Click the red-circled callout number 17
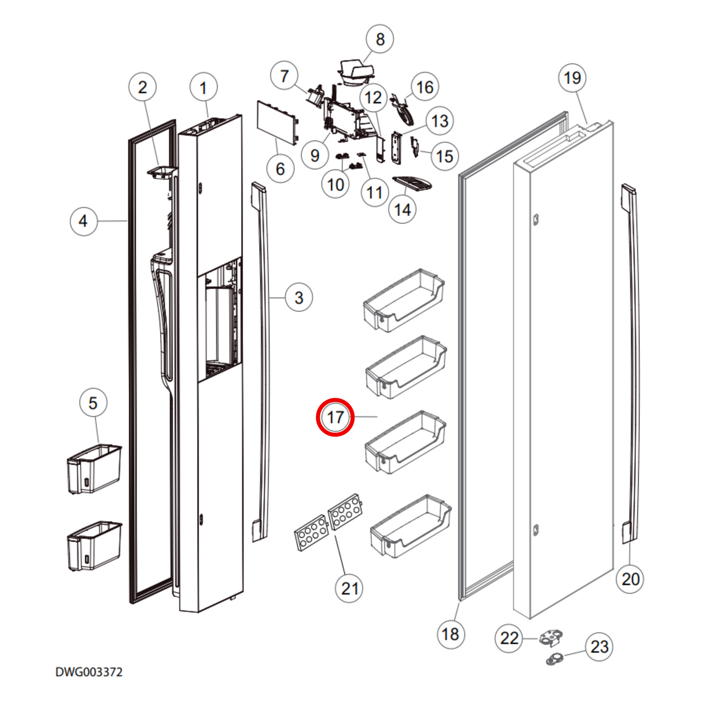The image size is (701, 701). pos(335,417)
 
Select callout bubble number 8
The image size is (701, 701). pos(380,39)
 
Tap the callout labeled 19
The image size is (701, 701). pos(572,78)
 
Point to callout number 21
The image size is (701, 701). pos(349,588)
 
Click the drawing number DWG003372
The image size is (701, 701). pos(89,672)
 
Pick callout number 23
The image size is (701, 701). pos(599,647)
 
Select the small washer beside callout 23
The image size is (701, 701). pos(554,658)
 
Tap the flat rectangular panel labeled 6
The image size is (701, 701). pos(276,122)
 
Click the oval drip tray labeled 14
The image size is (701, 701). pos(412,183)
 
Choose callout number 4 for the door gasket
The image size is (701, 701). pos(83,221)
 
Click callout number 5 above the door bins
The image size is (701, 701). pos(93,403)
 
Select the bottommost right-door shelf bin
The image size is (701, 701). pos(410,526)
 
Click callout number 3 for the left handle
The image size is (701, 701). pos(299,297)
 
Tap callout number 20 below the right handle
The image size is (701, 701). pos(630,579)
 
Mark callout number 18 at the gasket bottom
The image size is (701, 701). pos(450,634)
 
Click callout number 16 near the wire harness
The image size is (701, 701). pos(425,87)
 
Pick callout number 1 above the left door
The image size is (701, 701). pos(203,88)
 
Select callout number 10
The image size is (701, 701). pos(335,185)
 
